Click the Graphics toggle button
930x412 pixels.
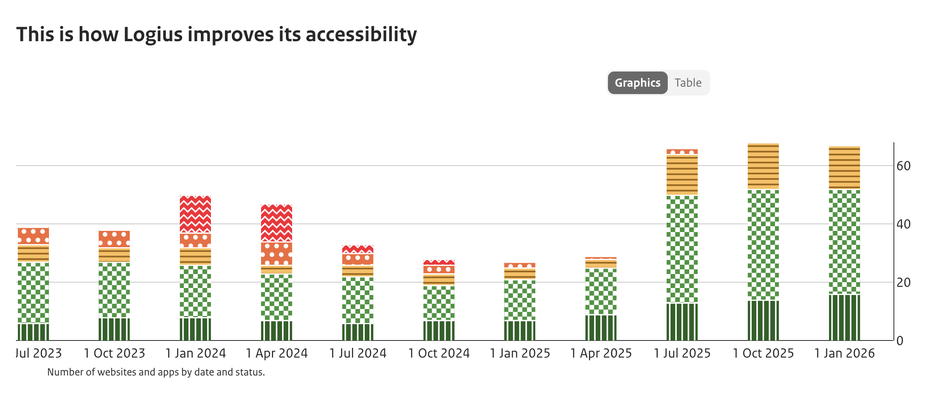637,83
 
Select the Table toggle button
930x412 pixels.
688,83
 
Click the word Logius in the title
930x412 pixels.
153,35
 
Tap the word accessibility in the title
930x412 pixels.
361,35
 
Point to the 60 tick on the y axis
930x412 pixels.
903,166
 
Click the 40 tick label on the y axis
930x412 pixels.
903,224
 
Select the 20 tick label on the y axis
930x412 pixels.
903,283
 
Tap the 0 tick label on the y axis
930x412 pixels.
900,341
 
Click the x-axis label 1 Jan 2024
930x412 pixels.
195,353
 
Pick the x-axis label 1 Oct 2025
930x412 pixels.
763,353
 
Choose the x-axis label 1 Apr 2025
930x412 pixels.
601,353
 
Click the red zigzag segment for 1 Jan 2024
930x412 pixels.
195,214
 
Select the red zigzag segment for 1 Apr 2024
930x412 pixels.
277,223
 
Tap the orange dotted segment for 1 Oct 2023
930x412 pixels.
114,239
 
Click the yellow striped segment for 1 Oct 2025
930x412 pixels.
763,166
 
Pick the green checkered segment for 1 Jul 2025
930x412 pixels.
682,249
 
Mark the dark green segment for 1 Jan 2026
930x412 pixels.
844,318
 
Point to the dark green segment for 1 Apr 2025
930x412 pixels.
601,328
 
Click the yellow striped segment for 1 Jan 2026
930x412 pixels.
844,168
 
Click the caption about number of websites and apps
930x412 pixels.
156,372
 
